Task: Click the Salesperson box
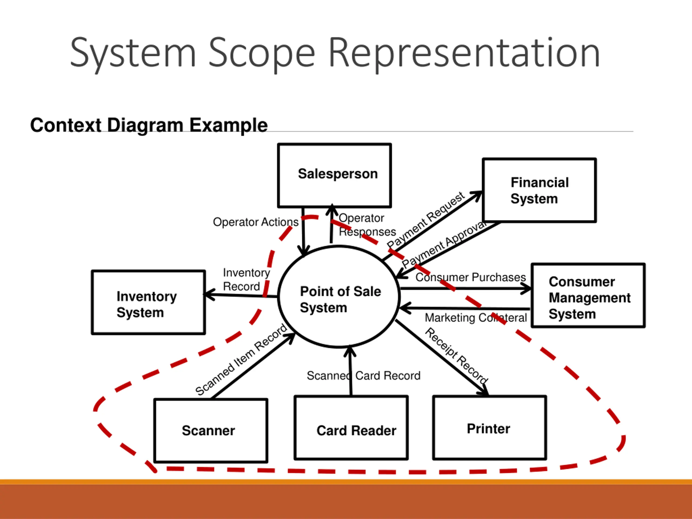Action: point(334,175)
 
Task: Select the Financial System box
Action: point(539,190)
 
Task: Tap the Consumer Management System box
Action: point(588,296)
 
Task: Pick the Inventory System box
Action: point(149,302)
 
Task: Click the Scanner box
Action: point(211,430)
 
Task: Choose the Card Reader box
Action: point(351,428)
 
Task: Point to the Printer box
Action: point(490,428)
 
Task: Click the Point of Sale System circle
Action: point(339,297)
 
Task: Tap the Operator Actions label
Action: point(256,222)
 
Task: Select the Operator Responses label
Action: point(367,225)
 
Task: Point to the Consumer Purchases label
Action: point(471,277)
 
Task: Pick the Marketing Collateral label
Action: point(475,318)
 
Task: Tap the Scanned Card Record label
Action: point(364,375)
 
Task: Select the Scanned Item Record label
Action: point(241,360)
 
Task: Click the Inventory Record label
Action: point(246,279)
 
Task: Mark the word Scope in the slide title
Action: point(262,53)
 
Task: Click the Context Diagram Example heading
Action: point(149,125)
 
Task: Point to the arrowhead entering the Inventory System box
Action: point(209,294)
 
